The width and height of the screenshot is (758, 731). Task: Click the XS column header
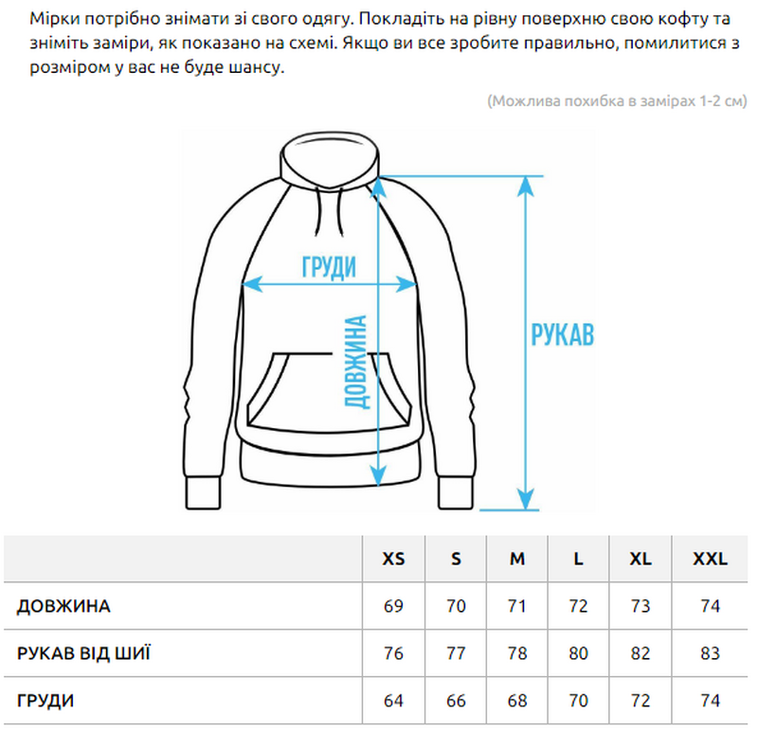click(393, 559)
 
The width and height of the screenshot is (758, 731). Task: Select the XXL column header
click(710, 559)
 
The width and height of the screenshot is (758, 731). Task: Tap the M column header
click(516, 559)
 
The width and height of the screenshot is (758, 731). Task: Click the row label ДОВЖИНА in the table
click(63, 606)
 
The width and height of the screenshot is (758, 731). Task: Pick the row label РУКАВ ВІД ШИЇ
click(83, 653)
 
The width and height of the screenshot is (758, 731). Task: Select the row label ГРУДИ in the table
click(45, 701)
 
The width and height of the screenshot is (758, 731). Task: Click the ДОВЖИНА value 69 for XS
click(393, 606)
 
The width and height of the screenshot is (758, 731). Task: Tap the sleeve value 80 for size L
click(578, 653)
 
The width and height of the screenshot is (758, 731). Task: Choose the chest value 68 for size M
click(516, 701)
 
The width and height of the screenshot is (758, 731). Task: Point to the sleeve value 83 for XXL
click(710, 653)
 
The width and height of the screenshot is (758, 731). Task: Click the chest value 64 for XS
click(393, 701)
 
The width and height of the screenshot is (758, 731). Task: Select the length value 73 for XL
click(641, 606)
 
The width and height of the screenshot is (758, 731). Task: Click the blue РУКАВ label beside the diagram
click(562, 334)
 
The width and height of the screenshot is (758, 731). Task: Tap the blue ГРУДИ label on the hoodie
click(329, 267)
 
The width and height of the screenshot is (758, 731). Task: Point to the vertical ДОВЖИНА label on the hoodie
click(356, 362)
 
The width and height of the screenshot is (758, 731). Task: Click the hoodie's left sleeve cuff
click(203, 492)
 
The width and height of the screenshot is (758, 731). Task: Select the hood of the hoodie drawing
click(329, 160)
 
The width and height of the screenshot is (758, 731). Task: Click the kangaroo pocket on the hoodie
click(329, 392)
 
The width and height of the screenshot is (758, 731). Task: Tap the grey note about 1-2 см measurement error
click(617, 101)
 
